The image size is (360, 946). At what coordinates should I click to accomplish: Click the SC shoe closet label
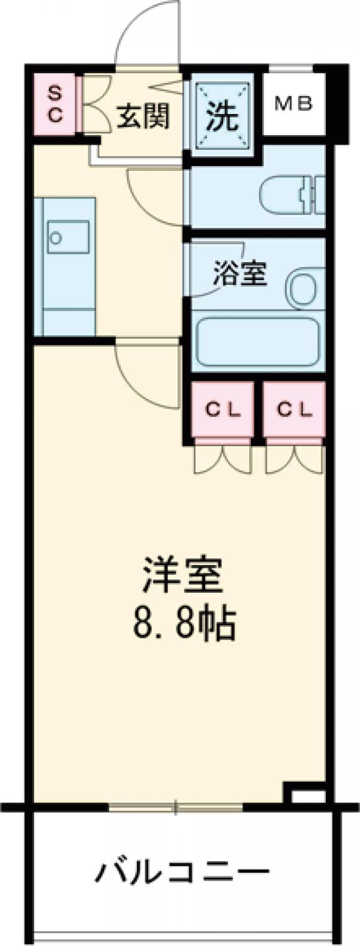55,103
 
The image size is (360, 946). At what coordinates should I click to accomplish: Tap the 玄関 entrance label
142,115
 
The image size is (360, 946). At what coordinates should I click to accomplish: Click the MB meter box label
293,103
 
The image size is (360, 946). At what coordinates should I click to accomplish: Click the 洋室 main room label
182,575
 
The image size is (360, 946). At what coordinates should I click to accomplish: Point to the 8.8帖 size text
182,624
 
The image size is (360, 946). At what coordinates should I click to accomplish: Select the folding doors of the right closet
294,459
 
